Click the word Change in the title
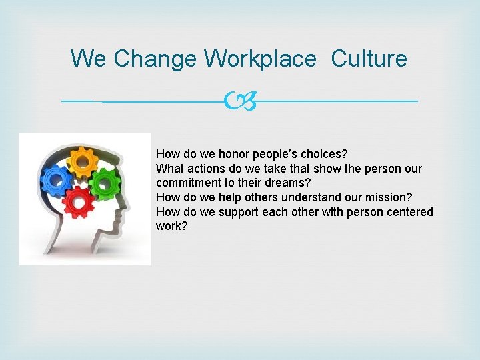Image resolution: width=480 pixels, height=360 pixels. click(155, 59)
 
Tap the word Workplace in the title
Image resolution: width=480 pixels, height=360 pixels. click(260, 59)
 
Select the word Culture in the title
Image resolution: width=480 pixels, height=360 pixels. click(369, 59)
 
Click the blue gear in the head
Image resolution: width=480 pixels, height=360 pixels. click(57, 178)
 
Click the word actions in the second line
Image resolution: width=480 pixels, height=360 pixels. click(203, 168)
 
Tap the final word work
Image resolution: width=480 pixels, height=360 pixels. click(171, 227)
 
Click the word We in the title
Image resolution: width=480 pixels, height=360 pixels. click(88, 59)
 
